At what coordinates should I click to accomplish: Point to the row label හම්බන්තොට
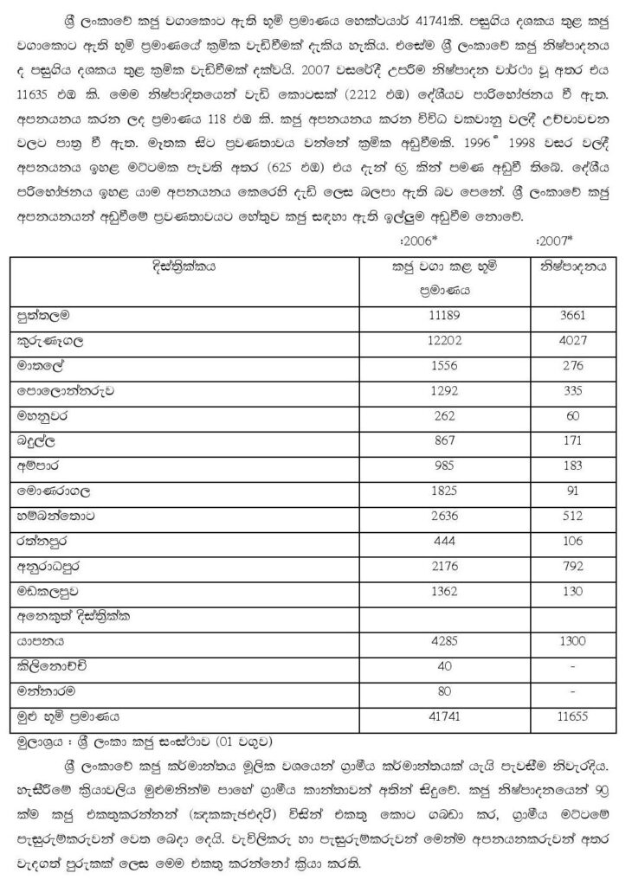(x=55, y=516)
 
